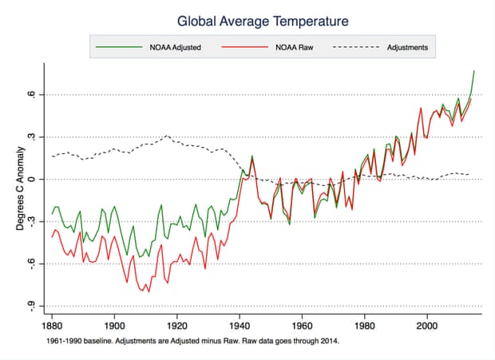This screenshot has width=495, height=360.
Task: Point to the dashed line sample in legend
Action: (355, 48)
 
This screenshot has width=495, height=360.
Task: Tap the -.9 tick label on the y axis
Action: (33, 306)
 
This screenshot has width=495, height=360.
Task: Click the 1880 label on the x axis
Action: (52, 326)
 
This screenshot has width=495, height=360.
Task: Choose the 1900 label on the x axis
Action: (114, 326)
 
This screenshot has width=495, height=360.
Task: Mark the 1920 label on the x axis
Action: (176, 326)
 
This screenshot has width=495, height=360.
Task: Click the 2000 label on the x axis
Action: (427, 326)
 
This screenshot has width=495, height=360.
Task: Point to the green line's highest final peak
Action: (474, 71)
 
